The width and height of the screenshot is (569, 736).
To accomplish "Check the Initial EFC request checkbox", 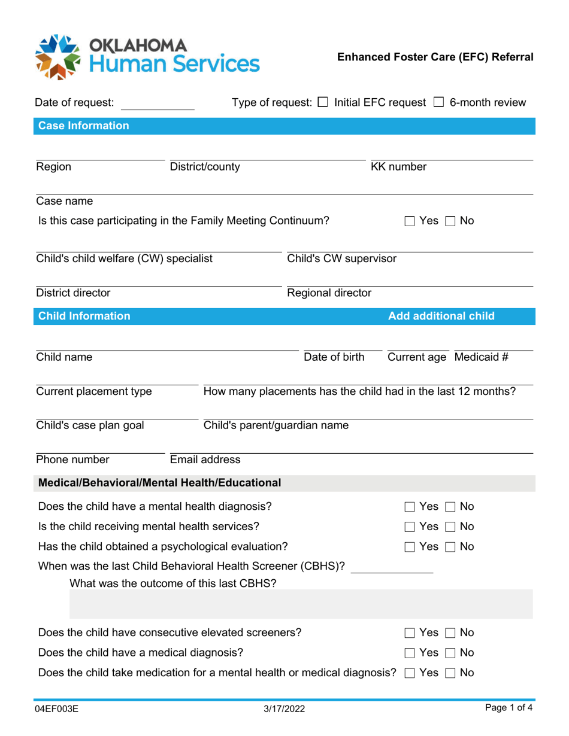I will pos(322,102).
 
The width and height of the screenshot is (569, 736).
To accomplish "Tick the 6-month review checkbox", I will pos(438,102).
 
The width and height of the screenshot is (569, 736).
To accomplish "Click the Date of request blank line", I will pos(158,105).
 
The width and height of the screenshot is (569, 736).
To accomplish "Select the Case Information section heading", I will pos(84,126).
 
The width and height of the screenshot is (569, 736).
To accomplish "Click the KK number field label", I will pos(399,167).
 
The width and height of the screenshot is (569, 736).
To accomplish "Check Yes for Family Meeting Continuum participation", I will pos(410,221).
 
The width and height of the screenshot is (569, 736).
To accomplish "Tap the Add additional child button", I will pos(441,316).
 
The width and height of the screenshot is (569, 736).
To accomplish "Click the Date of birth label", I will pos(334,357).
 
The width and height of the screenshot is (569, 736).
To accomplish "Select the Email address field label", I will pos(205,460).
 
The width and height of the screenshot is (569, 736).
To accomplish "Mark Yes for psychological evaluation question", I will pos(410,547).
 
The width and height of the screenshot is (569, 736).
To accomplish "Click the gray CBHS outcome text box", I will pos(301,604).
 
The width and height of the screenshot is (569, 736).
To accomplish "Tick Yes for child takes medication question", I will pos(410,673).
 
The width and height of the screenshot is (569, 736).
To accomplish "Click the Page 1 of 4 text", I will pos(509,708).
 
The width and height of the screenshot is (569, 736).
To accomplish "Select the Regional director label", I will pos(329,293).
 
